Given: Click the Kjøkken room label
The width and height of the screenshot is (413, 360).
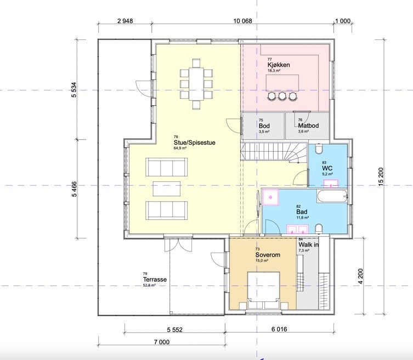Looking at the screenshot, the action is (x=279, y=65).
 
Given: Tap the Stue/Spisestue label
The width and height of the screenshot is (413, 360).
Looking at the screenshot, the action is (x=194, y=142).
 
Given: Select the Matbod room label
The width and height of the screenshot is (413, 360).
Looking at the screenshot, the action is (x=308, y=125).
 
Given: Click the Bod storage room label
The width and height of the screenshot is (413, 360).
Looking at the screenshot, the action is (x=264, y=126).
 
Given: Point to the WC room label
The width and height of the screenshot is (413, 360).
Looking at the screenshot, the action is (x=327, y=168).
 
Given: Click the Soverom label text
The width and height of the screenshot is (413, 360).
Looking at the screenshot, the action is (x=268, y=255).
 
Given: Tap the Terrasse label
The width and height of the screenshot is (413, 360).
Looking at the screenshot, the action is (x=155, y=279).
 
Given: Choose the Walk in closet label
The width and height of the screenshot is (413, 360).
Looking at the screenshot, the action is (x=308, y=244).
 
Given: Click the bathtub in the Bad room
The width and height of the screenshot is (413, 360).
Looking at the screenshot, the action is (x=332, y=196).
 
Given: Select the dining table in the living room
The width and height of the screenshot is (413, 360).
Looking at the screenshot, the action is (x=196, y=84).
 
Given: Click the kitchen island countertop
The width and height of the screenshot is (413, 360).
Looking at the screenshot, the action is (x=282, y=83).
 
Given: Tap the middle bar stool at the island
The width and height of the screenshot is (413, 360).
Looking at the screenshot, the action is (x=282, y=96).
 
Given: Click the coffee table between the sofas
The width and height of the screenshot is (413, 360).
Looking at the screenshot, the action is (x=167, y=188).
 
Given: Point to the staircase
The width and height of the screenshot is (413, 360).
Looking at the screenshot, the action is (x=274, y=153).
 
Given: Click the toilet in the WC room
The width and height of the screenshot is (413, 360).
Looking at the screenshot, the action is (x=319, y=149).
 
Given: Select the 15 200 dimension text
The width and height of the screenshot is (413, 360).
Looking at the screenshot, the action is (x=381, y=176).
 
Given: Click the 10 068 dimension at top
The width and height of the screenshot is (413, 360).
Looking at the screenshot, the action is (x=242, y=21).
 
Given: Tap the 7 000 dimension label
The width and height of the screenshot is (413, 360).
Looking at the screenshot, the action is (x=161, y=342).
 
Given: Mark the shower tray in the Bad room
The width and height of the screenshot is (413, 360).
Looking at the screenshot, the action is (x=270, y=197).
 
